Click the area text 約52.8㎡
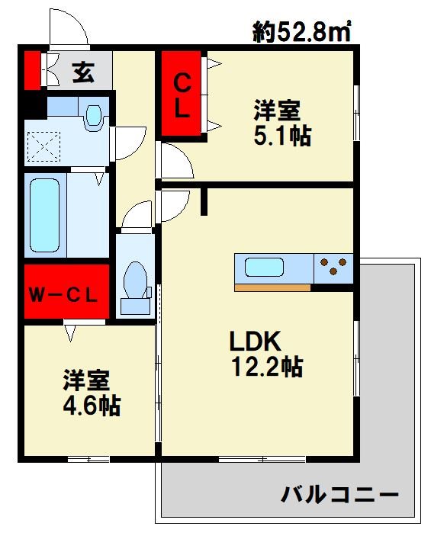tap(301, 31)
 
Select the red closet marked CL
tap(182, 94)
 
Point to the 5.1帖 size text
tap(281, 136)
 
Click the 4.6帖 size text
tap(91, 405)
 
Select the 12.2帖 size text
tap(266, 367)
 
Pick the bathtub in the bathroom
tap(45, 214)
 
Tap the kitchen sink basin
tap(264, 268)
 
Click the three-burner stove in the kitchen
tap(334, 268)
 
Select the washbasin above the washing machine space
tap(93, 114)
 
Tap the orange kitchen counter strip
tap(272, 287)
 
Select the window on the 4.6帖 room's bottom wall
tap(88, 458)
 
